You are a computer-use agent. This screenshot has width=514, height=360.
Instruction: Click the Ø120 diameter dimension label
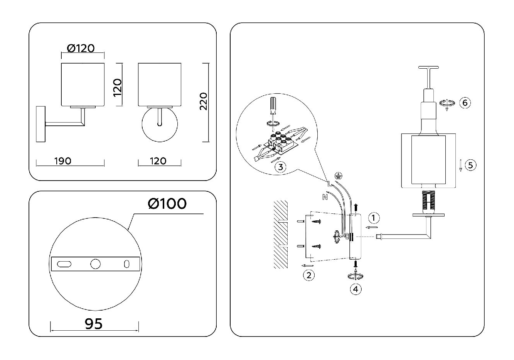coord(81,48)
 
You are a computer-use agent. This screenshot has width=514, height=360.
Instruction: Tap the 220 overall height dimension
coord(204,101)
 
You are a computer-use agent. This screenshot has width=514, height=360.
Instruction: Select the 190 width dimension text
coord(62,161)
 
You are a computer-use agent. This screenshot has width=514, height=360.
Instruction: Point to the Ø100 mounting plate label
coord(167,204)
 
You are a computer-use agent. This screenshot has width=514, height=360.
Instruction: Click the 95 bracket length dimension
coord(94,324)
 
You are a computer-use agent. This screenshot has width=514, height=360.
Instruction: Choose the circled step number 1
coord(374,218)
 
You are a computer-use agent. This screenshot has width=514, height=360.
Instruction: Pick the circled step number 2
coord(309,275)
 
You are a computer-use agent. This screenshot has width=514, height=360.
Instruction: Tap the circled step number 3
coord(280,167)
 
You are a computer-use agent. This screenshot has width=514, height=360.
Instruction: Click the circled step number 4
coord(356,289)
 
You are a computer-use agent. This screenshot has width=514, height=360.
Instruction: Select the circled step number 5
coord(470,165)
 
